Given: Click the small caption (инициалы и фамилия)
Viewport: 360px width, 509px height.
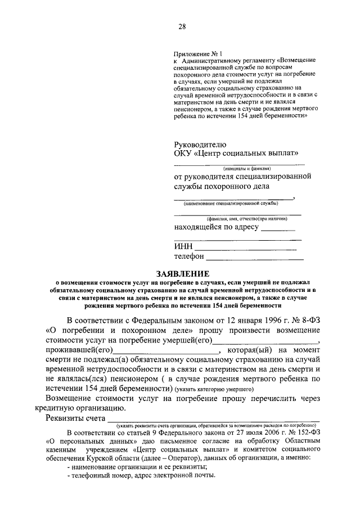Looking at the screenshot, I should pyautogui.click(x=247, y=168).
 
